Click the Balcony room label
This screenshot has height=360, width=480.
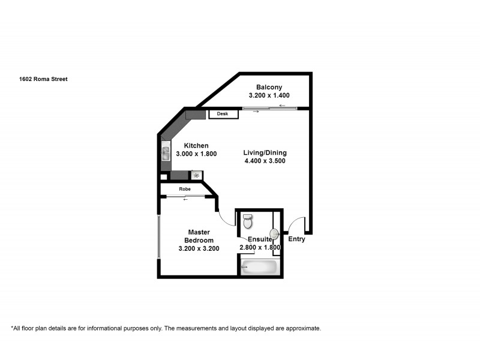click(269, 86)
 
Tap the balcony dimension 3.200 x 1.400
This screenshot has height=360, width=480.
click(269, 95)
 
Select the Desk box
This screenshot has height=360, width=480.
click(223, 114)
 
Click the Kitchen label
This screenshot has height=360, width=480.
click(196, 145)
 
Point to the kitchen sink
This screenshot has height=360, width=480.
click(166, 154)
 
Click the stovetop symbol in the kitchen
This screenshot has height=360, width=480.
click(196, 175)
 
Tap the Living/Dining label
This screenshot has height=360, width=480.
click(265, 152)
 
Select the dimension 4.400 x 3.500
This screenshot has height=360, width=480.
click(265, 161)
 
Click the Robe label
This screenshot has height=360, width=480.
click(185, 188)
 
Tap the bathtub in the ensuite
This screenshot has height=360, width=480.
click(259, 266)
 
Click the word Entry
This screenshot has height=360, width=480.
click(296, 239)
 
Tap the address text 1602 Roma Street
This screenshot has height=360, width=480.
click(43, 78)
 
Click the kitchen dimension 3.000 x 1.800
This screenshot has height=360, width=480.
click(196, 154)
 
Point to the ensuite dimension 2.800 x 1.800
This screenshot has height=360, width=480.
click(260, 247)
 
